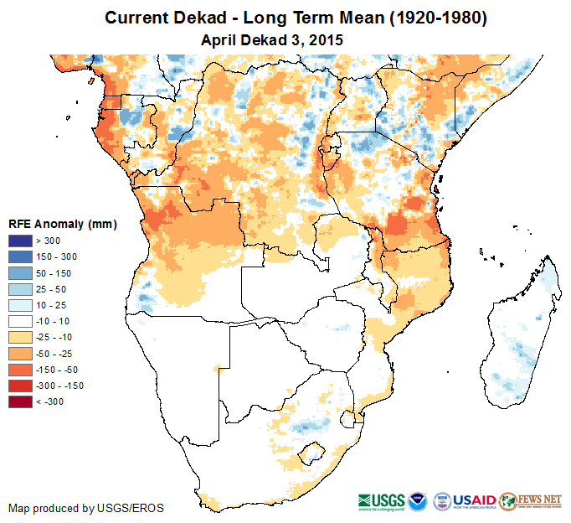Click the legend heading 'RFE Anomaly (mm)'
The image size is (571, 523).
[62, 224]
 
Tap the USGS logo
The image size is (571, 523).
[382, 500]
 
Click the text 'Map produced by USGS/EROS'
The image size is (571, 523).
[86, 508]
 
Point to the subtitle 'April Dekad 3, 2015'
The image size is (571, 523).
[273, 39]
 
